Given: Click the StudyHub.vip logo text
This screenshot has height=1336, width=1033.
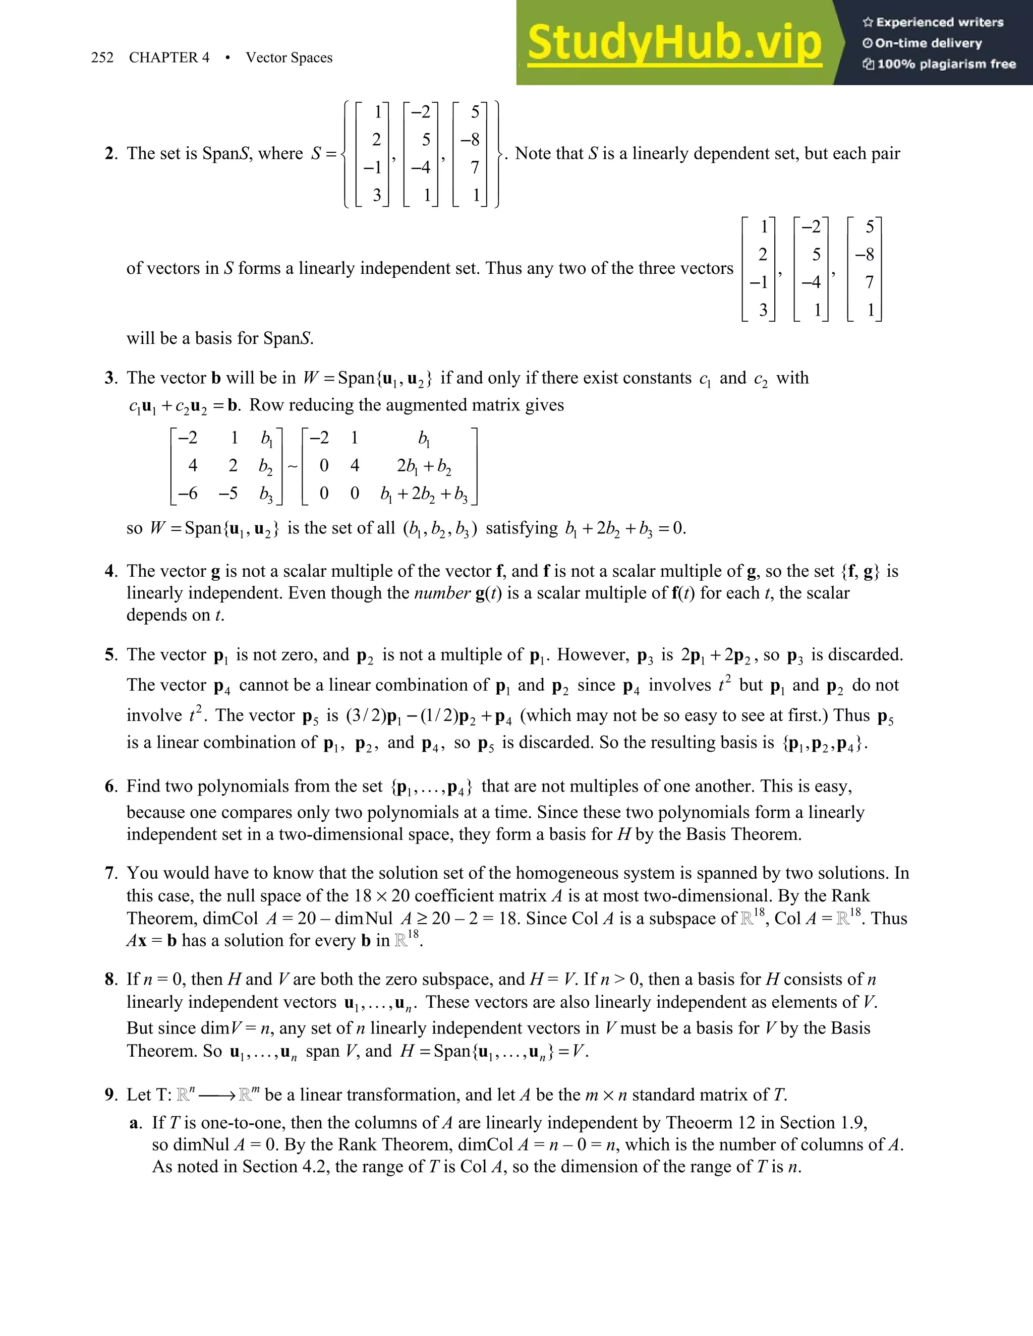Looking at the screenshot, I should [674, 43].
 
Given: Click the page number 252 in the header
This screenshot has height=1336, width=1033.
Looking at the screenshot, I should [102, 57].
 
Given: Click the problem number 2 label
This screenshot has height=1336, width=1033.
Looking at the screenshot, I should [110, 154].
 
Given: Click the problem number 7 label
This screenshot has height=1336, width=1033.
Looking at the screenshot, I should [110, 873].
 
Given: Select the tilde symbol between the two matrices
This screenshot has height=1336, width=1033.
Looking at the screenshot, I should [293, 467].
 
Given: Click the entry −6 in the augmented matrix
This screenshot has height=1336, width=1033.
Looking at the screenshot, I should [188, 494].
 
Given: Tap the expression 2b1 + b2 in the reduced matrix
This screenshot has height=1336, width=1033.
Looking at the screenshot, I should [424, 467].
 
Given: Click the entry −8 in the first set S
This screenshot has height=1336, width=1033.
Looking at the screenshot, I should [471, 140].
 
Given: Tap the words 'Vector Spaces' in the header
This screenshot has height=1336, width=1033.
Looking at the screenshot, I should [289, 57].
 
